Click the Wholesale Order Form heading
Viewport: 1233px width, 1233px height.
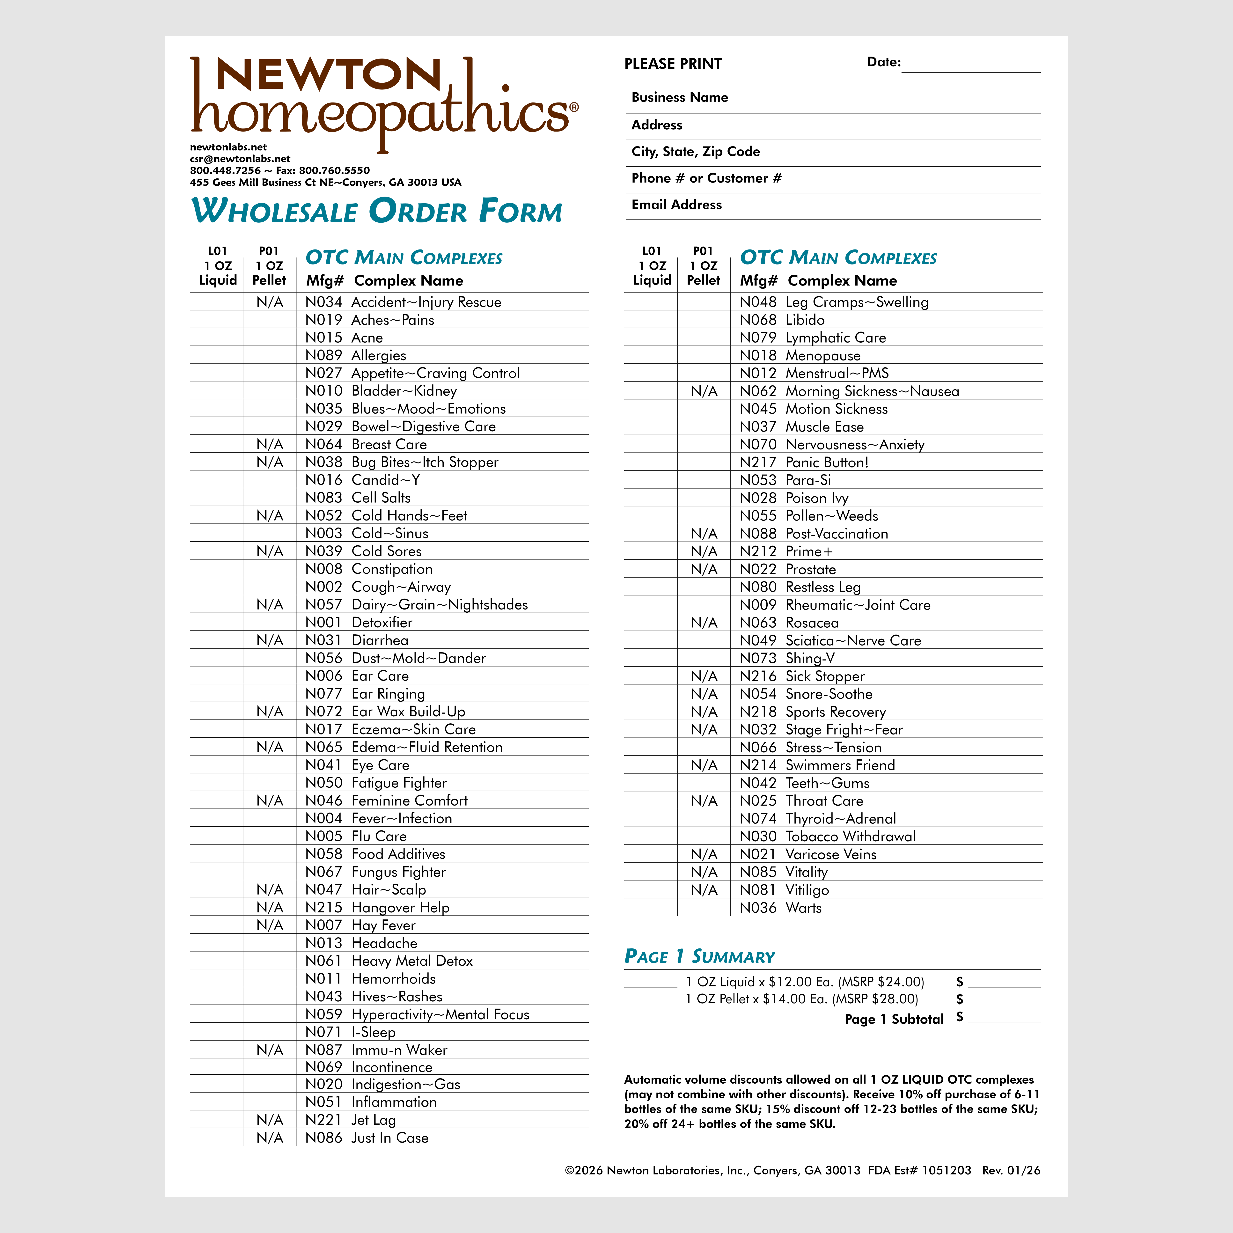point(376,211)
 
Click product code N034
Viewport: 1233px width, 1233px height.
point(323,302)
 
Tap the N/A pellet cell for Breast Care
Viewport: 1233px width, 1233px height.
point(269,444)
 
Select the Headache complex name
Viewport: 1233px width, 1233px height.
point(384,943)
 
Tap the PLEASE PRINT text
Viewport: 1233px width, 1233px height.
point(673,64)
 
